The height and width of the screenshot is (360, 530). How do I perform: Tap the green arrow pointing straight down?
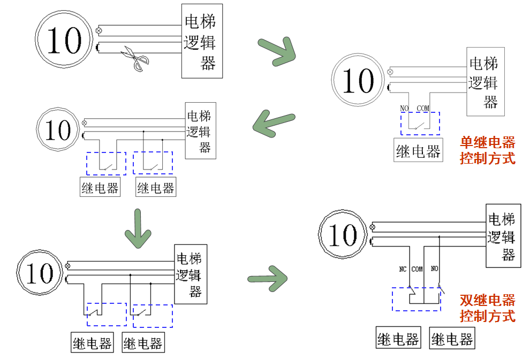(x=138, y=228)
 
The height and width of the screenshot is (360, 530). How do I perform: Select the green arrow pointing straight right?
(x=268, y=278)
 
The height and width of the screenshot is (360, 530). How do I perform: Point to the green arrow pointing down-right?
(x=277, y=52)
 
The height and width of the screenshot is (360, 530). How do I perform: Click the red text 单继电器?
(x=488, y=142)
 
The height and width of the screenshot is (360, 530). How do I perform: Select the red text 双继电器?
(x=488, y=300)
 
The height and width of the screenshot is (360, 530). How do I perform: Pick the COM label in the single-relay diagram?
(x=423, y=109)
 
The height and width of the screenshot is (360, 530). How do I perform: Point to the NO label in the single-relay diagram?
(x=404, y=109)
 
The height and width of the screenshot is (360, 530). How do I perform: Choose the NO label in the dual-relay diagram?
(x=434, y=269)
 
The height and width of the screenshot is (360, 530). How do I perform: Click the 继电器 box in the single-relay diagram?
(x=419, y=151)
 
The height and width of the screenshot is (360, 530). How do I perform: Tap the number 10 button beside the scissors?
(x=65, y=41)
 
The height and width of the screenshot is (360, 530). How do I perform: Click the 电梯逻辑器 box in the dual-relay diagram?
(x=503, y=236)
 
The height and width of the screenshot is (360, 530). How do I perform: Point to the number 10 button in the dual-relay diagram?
(x=343, y=234)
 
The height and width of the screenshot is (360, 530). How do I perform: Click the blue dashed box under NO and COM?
(x=420, y=124)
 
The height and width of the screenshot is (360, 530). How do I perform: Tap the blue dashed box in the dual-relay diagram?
(x=416, y=299)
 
